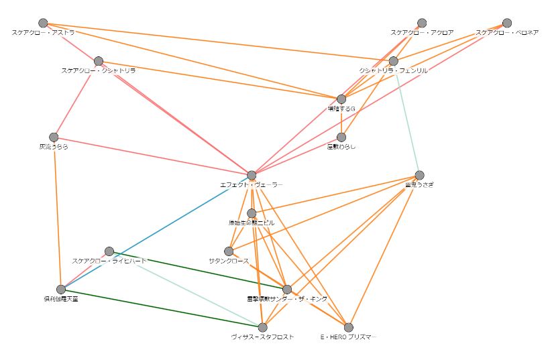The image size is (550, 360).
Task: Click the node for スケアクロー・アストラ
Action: [44, 23]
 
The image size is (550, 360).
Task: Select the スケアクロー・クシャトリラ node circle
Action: [99, 61]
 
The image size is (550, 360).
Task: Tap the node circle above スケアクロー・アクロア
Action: [422, 23]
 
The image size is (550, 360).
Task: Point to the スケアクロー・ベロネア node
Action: [507, 23]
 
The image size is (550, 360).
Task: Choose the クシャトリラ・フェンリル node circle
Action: [394, 61]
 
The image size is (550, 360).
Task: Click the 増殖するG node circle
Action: [341, 99]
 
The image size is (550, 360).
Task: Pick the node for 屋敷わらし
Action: [341, 137]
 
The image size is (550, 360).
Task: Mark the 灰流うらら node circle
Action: [54, 137]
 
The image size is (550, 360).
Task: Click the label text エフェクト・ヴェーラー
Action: [252, 184]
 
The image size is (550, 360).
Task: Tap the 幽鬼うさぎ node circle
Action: [420, 175]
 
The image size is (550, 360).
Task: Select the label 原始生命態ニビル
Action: [252, 223]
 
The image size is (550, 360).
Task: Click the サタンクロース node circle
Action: [229, 251]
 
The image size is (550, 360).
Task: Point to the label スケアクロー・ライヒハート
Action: [109, 261]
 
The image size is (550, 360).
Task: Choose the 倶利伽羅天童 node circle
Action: [61, 290]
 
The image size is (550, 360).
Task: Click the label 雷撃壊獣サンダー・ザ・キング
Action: [287, 299]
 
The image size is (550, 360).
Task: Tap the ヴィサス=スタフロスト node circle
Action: [263, 327]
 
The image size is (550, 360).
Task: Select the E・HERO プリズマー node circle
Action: [349, 327]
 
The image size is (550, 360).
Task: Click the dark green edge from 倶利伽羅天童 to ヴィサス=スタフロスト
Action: [161, 308]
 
